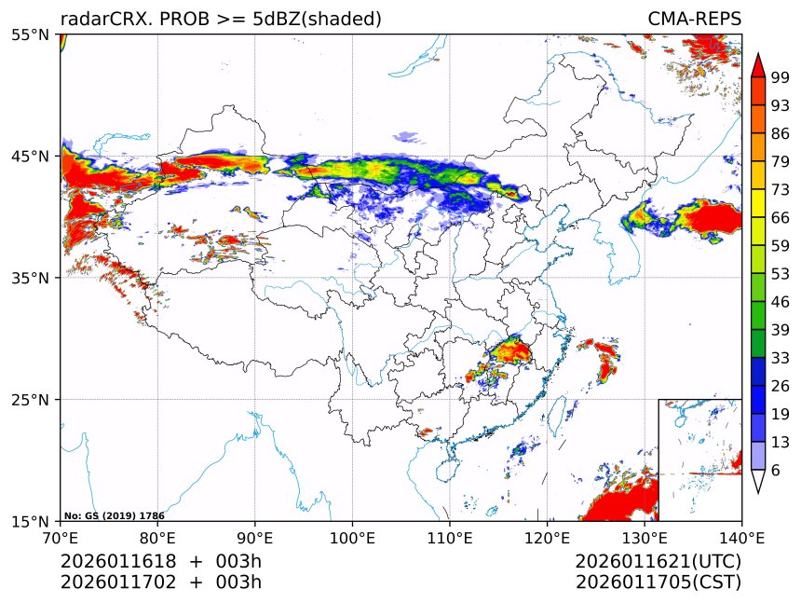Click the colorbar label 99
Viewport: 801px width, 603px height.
[781, 77]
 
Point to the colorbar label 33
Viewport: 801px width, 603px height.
[781, 357]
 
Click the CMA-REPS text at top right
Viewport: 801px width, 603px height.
[694, 20]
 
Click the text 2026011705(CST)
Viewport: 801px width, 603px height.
[658, 582]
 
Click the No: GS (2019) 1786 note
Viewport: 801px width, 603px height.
[114, 515]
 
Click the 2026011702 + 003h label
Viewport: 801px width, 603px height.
[161, 582]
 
